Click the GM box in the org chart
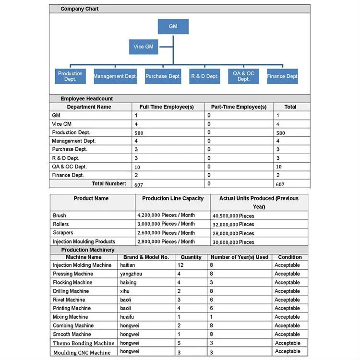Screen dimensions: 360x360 point(173,26)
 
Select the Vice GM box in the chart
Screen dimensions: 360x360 point(144,47)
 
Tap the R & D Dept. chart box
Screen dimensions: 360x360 point(204,76)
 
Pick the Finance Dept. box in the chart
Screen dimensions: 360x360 point(282,76)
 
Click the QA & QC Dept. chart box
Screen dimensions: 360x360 point(243,76)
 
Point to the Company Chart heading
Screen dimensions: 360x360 point(80,9)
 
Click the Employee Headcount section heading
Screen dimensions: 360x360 point(87,98)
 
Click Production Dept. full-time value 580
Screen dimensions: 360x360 point(139,133)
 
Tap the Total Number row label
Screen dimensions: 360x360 point(109,183)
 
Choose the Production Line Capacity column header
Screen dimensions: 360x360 point(173,198)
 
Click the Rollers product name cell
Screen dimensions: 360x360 point(61,224)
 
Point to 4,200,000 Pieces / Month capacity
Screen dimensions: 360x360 point(166,216)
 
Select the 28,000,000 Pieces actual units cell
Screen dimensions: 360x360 point(233,233)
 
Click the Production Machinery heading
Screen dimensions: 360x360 point(88,250)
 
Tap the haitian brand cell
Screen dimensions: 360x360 point(128,265)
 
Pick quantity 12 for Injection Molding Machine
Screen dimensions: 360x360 point(180,265)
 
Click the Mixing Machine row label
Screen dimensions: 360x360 point(71,317)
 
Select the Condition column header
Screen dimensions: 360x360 point(290,257)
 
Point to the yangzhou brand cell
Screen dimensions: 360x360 point(131,274)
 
